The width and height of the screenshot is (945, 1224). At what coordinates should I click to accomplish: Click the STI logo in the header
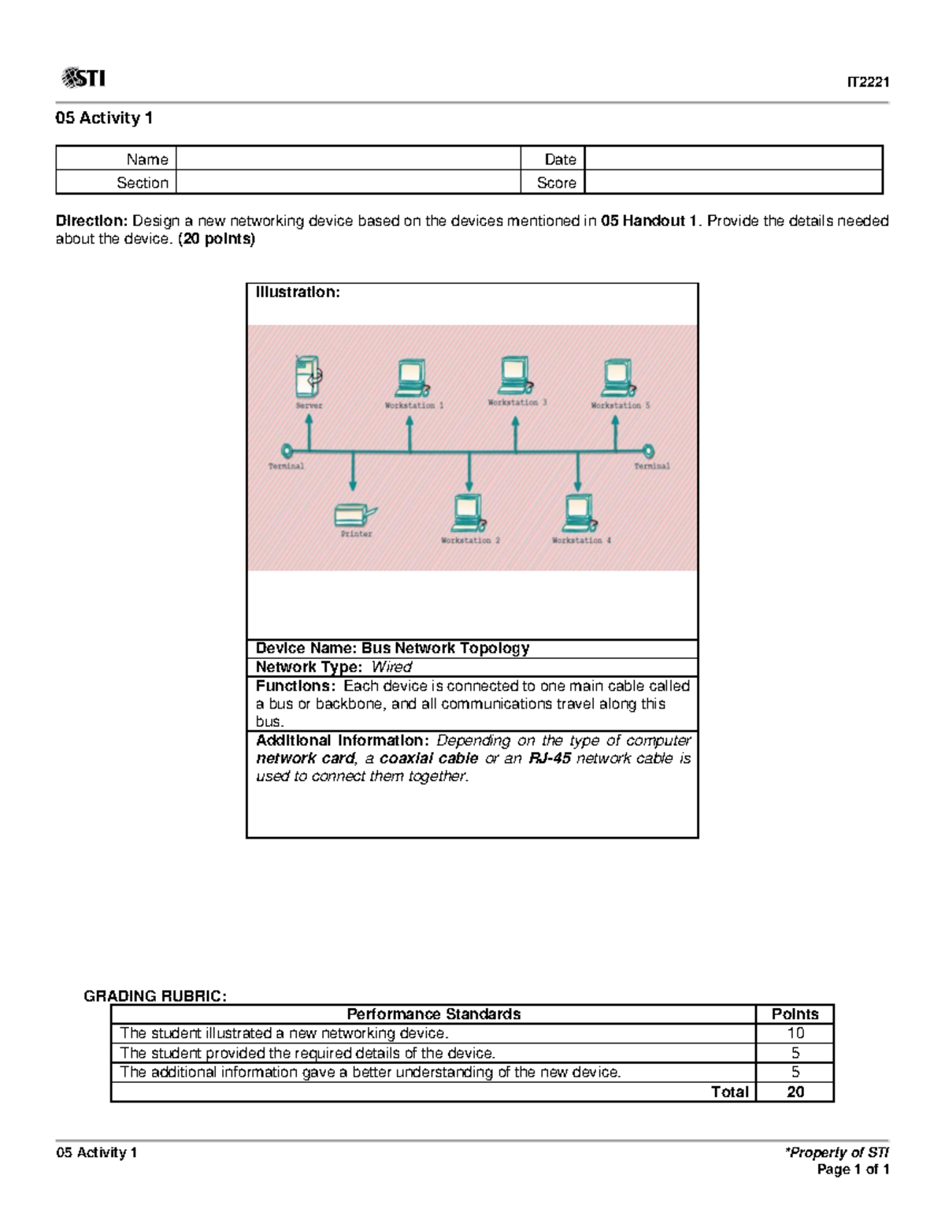[83, 78]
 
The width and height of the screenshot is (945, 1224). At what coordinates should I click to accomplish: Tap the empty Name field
[348, 158]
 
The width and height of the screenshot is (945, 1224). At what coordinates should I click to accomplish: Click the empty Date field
[732, 158]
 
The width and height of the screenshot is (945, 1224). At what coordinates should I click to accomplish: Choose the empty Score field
[732, 182]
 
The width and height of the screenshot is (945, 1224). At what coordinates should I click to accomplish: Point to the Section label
[143, 182]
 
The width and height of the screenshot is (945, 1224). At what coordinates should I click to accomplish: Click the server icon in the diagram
[308, 376]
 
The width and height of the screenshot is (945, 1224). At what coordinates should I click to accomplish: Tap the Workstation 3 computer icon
[514, 375]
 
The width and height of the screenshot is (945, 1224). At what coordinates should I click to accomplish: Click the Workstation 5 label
[621, 405]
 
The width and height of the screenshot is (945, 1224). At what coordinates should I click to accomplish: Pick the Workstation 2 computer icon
[469, 513]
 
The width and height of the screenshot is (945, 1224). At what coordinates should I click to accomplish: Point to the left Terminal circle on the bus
[287, 451]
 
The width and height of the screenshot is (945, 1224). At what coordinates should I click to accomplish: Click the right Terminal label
[652, 466]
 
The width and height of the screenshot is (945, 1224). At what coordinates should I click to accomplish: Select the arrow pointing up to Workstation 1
[409, 433]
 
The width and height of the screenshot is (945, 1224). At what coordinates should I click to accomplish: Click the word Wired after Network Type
[391, 667]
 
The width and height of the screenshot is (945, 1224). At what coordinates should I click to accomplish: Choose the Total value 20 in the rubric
[795, 1092]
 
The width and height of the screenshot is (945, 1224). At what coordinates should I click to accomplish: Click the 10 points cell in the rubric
[795, 1033]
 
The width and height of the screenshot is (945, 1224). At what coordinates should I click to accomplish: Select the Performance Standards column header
[433, 1014]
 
